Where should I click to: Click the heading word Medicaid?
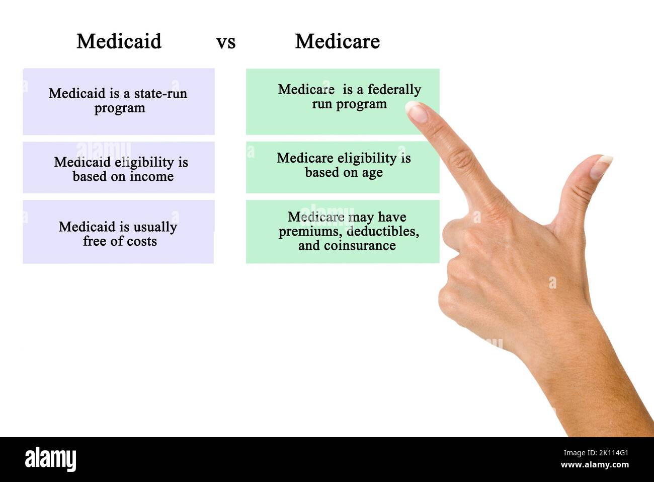point(119,41)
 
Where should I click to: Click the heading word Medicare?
point(337,41)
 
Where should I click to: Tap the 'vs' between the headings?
point(226,42)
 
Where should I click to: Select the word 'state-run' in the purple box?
point(160,94)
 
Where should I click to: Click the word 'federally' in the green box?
point(394,90)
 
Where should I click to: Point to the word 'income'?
point(151,177)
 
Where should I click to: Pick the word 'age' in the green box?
point(372,173)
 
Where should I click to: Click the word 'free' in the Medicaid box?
point(95,241)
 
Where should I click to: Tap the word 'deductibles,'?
point(383,231)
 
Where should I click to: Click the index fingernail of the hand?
point(416,111)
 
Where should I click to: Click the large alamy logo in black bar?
point(50,459)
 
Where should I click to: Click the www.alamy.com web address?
point(594,465)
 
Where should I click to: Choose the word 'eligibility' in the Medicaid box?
point(144,162)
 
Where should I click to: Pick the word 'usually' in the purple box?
point(154,227)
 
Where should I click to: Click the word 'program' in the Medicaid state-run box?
point(120,109)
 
